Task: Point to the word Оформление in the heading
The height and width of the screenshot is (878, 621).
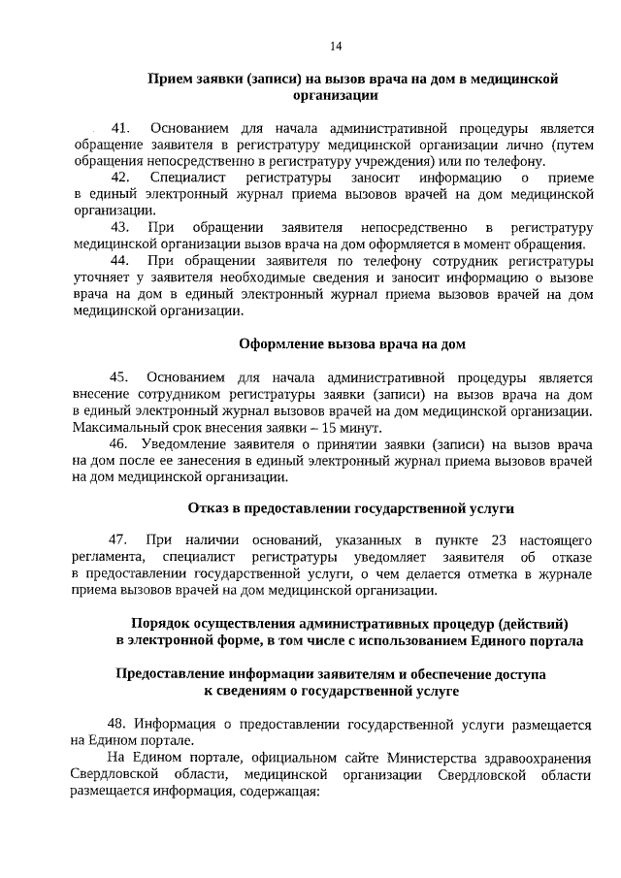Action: pyautogui.click(x=277, y=343)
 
